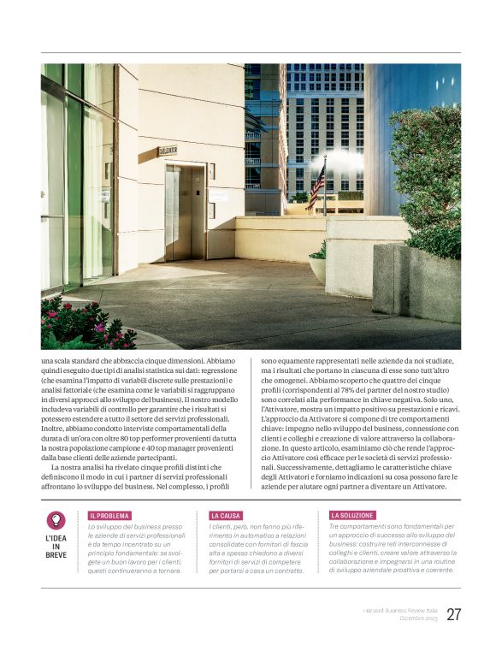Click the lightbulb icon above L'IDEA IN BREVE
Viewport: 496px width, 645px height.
(x=56, y=520)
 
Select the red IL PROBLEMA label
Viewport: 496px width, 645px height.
(x=109, y=516)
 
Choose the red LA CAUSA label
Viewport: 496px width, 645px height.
(x=226, y=516)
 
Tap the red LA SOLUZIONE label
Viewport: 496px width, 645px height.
(x=352, y=516)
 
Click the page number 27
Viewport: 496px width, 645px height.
(x=453, y=614)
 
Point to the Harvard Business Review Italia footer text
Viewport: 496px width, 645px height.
(x=397, y=610)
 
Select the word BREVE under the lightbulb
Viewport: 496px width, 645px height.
(x=56, y=555)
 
